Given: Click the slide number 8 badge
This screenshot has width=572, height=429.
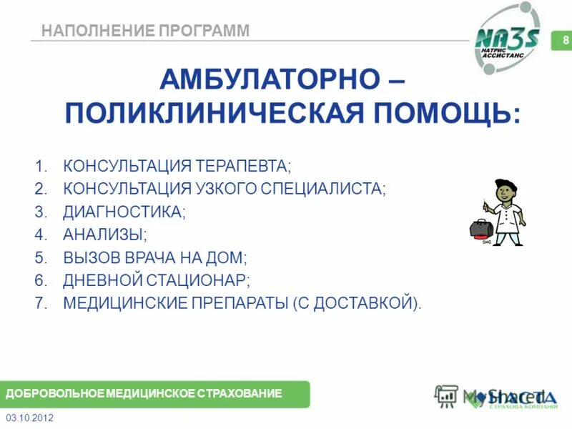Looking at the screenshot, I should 565,40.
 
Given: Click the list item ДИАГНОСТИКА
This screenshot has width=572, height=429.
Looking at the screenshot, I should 124,212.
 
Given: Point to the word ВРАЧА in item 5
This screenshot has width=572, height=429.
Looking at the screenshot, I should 157,257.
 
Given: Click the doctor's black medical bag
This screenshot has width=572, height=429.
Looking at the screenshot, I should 480,229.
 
